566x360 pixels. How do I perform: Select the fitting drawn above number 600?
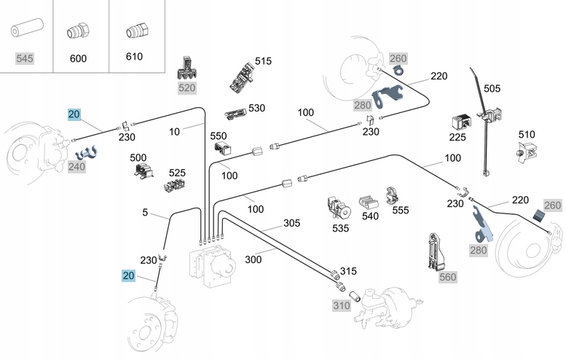(76, 33)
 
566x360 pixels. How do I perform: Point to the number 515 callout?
(263, 62)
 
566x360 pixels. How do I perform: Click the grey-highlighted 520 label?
(187, 87)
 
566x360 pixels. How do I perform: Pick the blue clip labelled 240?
(87, 153)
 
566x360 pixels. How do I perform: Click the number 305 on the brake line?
(271, 223)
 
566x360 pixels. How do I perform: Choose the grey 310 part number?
(342, 306)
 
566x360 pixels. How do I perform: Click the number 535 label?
(340, 228)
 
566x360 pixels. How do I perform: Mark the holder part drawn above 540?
(369, 200)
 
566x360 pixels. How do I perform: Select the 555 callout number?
(400, 211)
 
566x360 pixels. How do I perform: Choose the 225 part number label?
(457, 137)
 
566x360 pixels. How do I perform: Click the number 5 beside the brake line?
(145, 213)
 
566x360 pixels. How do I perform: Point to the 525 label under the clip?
(177, 173)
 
